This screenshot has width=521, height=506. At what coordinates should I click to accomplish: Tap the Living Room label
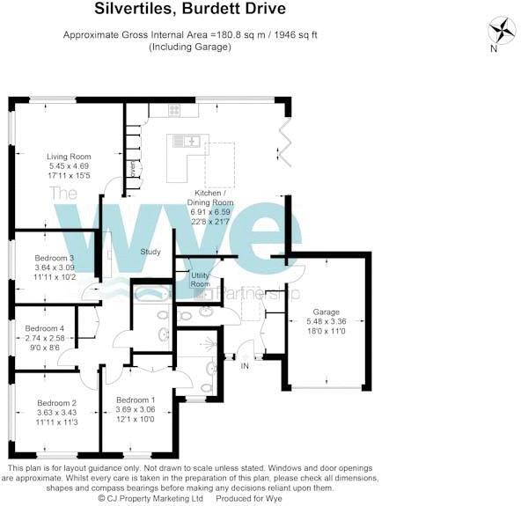(x=69, y=157)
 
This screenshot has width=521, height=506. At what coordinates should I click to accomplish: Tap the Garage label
(x=328, y=311)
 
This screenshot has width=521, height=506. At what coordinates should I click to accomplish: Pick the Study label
(x=150, y=253)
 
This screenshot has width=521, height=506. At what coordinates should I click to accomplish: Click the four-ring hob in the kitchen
(x=173, y=110)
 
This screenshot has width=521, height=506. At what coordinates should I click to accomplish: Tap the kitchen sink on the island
(x=187, y=140)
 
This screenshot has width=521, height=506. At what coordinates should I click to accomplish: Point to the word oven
(x=132, y=167)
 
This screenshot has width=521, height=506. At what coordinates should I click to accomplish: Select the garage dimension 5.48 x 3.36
(x=328, y=321)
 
